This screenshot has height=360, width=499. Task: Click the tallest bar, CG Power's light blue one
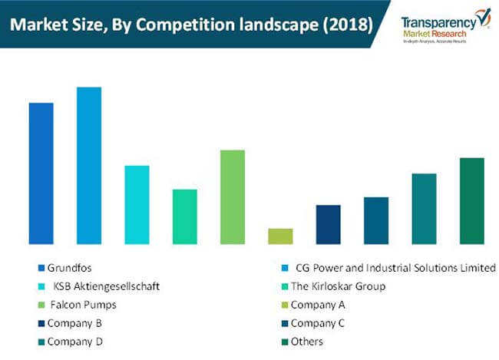coord(89,166)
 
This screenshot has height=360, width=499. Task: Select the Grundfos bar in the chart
coord(41,173)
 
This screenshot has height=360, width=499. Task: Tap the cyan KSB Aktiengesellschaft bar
coord(137,205)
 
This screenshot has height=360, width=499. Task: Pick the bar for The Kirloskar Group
coord(184,216)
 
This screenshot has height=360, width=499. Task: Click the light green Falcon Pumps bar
coord(233,197)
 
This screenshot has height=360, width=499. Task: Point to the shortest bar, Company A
coord(280,236)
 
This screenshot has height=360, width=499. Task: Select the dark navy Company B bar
coord(328,224)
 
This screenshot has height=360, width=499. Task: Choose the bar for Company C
coord(376,220)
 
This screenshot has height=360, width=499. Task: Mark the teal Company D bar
coord(424,209)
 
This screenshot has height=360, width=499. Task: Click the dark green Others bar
coord(472,201)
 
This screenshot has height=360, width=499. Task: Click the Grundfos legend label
coord(68,268)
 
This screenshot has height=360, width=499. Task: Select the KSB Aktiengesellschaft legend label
coord(107,286)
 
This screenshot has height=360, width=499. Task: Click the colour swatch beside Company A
coord(286,305)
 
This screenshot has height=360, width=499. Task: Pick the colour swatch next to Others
coord(286,342)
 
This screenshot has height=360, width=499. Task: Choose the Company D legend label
coord(74,342)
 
